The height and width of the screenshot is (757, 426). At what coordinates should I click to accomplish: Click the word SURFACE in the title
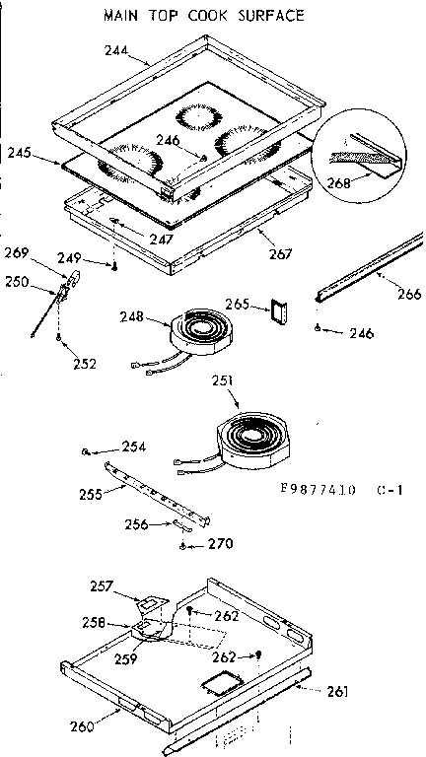pyautogui.click(x=265, y=15)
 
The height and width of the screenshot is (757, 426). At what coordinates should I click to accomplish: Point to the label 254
pyautogui.click(x=134, y=447)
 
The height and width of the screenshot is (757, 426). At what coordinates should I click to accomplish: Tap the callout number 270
pyautogui.click(x=222, y=543)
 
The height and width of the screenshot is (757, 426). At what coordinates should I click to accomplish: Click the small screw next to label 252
pyautogui.click(x=60, y=341)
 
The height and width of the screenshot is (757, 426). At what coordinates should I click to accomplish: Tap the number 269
pyautogui.click(x=17, y=252)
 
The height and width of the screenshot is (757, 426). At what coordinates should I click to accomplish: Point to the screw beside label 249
pyautogui.click(x=115, y=265)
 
